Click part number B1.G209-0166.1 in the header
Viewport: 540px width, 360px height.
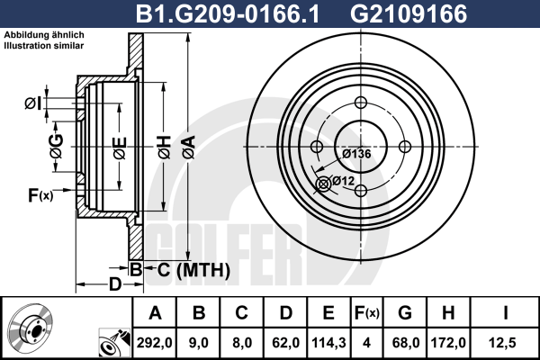(x=228, y=13)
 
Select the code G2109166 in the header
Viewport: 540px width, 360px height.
(x=409, y=13)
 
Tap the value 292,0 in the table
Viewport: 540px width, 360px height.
(x=154, y=343)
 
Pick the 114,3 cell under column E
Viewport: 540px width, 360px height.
(x=328, y=343)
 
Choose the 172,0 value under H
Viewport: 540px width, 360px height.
(x=448, y=343)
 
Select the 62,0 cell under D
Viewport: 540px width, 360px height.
(x=285, y=343)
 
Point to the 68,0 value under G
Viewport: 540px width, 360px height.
(x=406, y=343)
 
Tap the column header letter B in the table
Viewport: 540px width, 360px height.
(x=199, y=313)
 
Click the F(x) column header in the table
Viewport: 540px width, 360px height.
(x=367, y=313)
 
